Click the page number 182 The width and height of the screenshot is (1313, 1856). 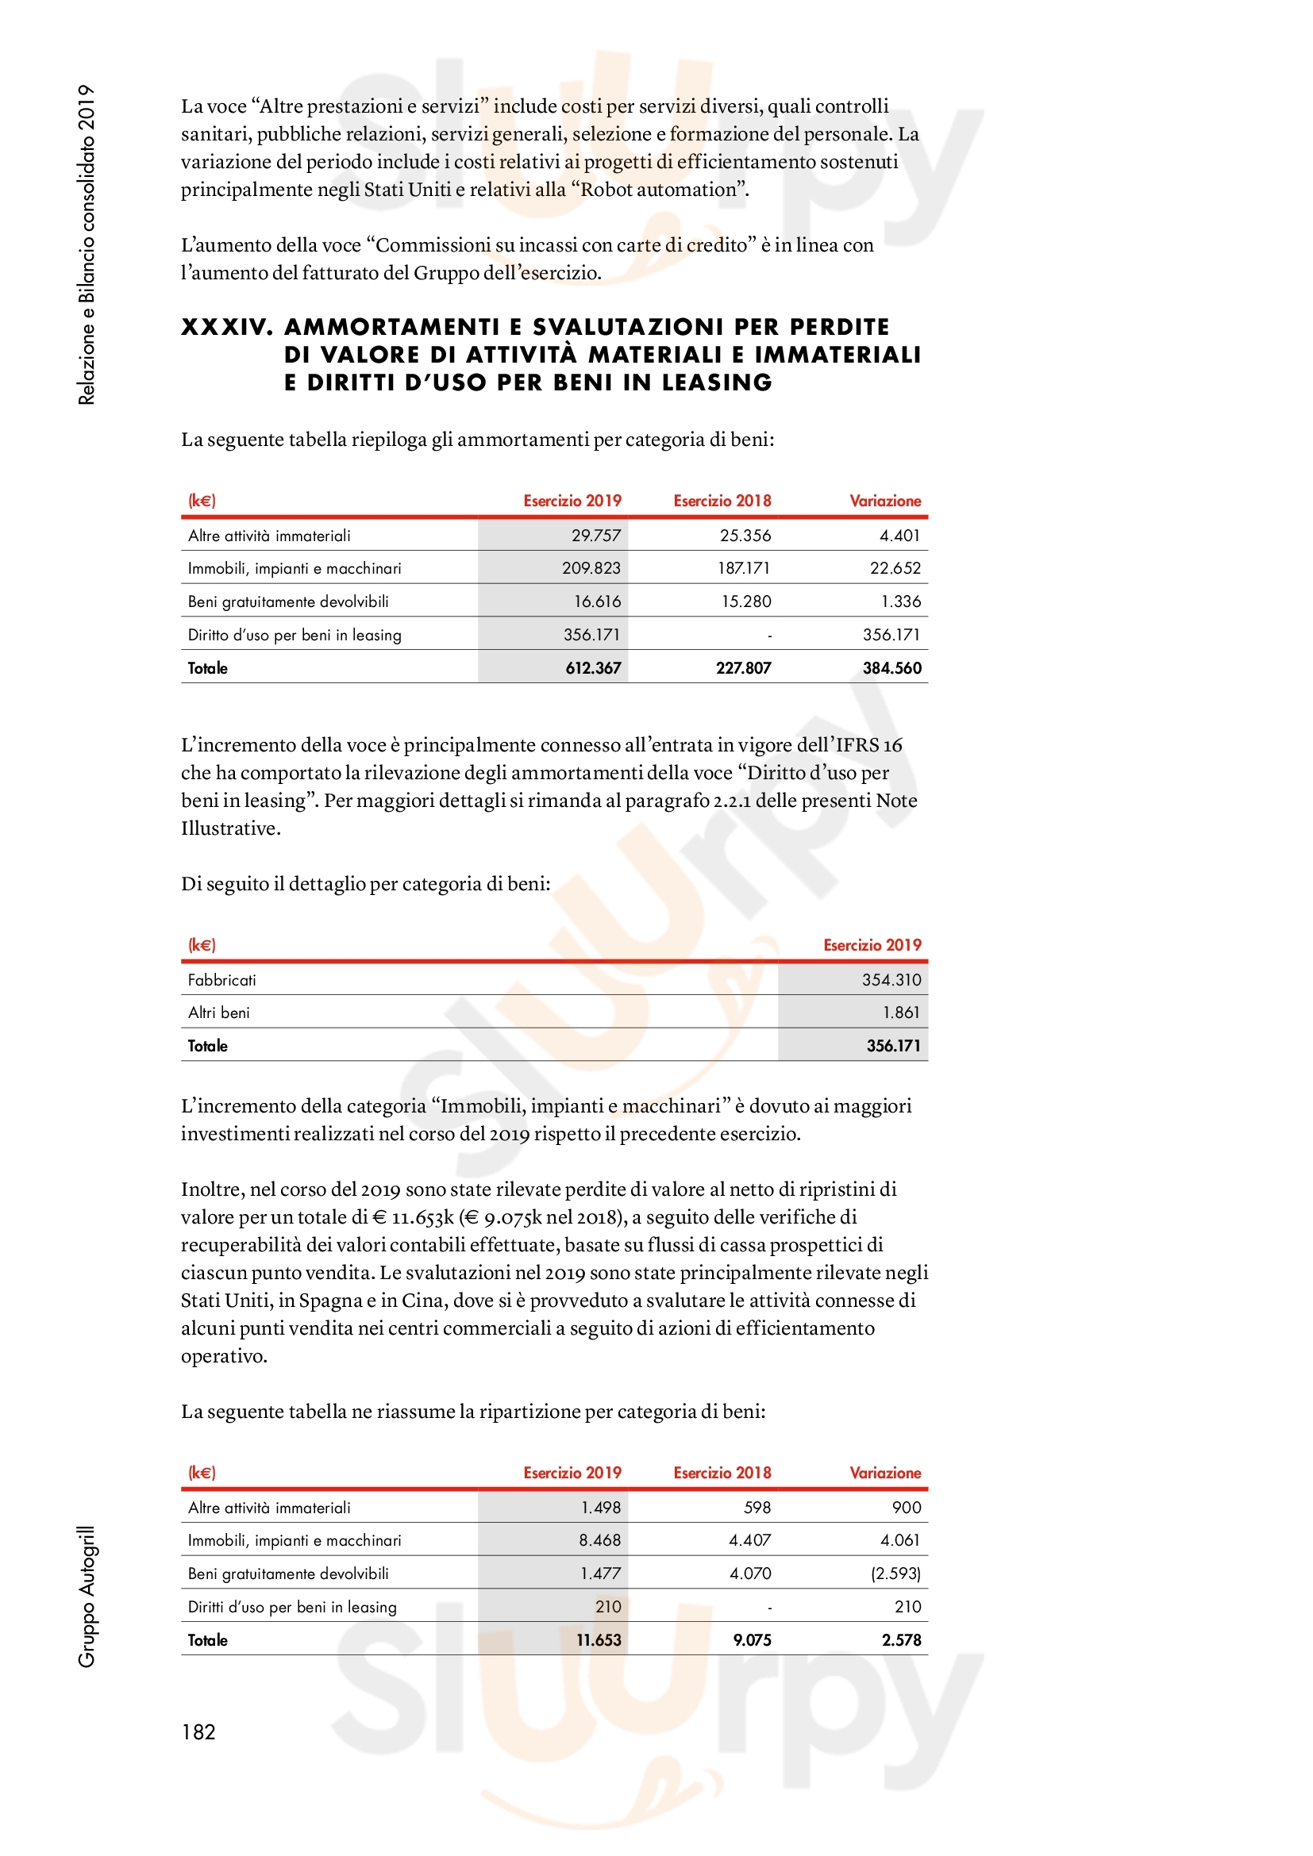[x=198, y=1731]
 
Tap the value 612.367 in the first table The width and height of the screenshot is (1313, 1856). [x=593, y=667]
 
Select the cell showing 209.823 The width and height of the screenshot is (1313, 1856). [x=591, y=568]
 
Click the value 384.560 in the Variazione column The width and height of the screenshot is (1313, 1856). [x=891, y=667]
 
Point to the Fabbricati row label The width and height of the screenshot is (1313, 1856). [x=221, y=980]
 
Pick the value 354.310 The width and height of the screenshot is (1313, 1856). [x=891, y=980]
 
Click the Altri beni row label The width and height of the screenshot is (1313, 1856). [x=218, y=1013]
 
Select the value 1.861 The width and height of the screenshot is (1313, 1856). [x=902, y=1013]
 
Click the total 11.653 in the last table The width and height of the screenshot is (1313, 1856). [x=599, y=1639]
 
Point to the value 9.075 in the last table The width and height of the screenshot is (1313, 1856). [x=751, y=1639]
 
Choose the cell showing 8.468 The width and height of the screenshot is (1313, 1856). [x=599, y=1540]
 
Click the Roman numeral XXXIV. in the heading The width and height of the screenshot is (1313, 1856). [x=227, y=327]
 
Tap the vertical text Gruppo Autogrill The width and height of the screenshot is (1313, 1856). [x=87, y=1596]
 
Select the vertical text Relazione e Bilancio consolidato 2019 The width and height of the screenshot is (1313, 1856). [x=87, y=244]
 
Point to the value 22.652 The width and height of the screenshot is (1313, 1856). [x=895, y=568]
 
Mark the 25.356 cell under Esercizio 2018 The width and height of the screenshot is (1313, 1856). [x=745, y=535]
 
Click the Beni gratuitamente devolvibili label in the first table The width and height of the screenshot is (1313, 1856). [x=288, y=601]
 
